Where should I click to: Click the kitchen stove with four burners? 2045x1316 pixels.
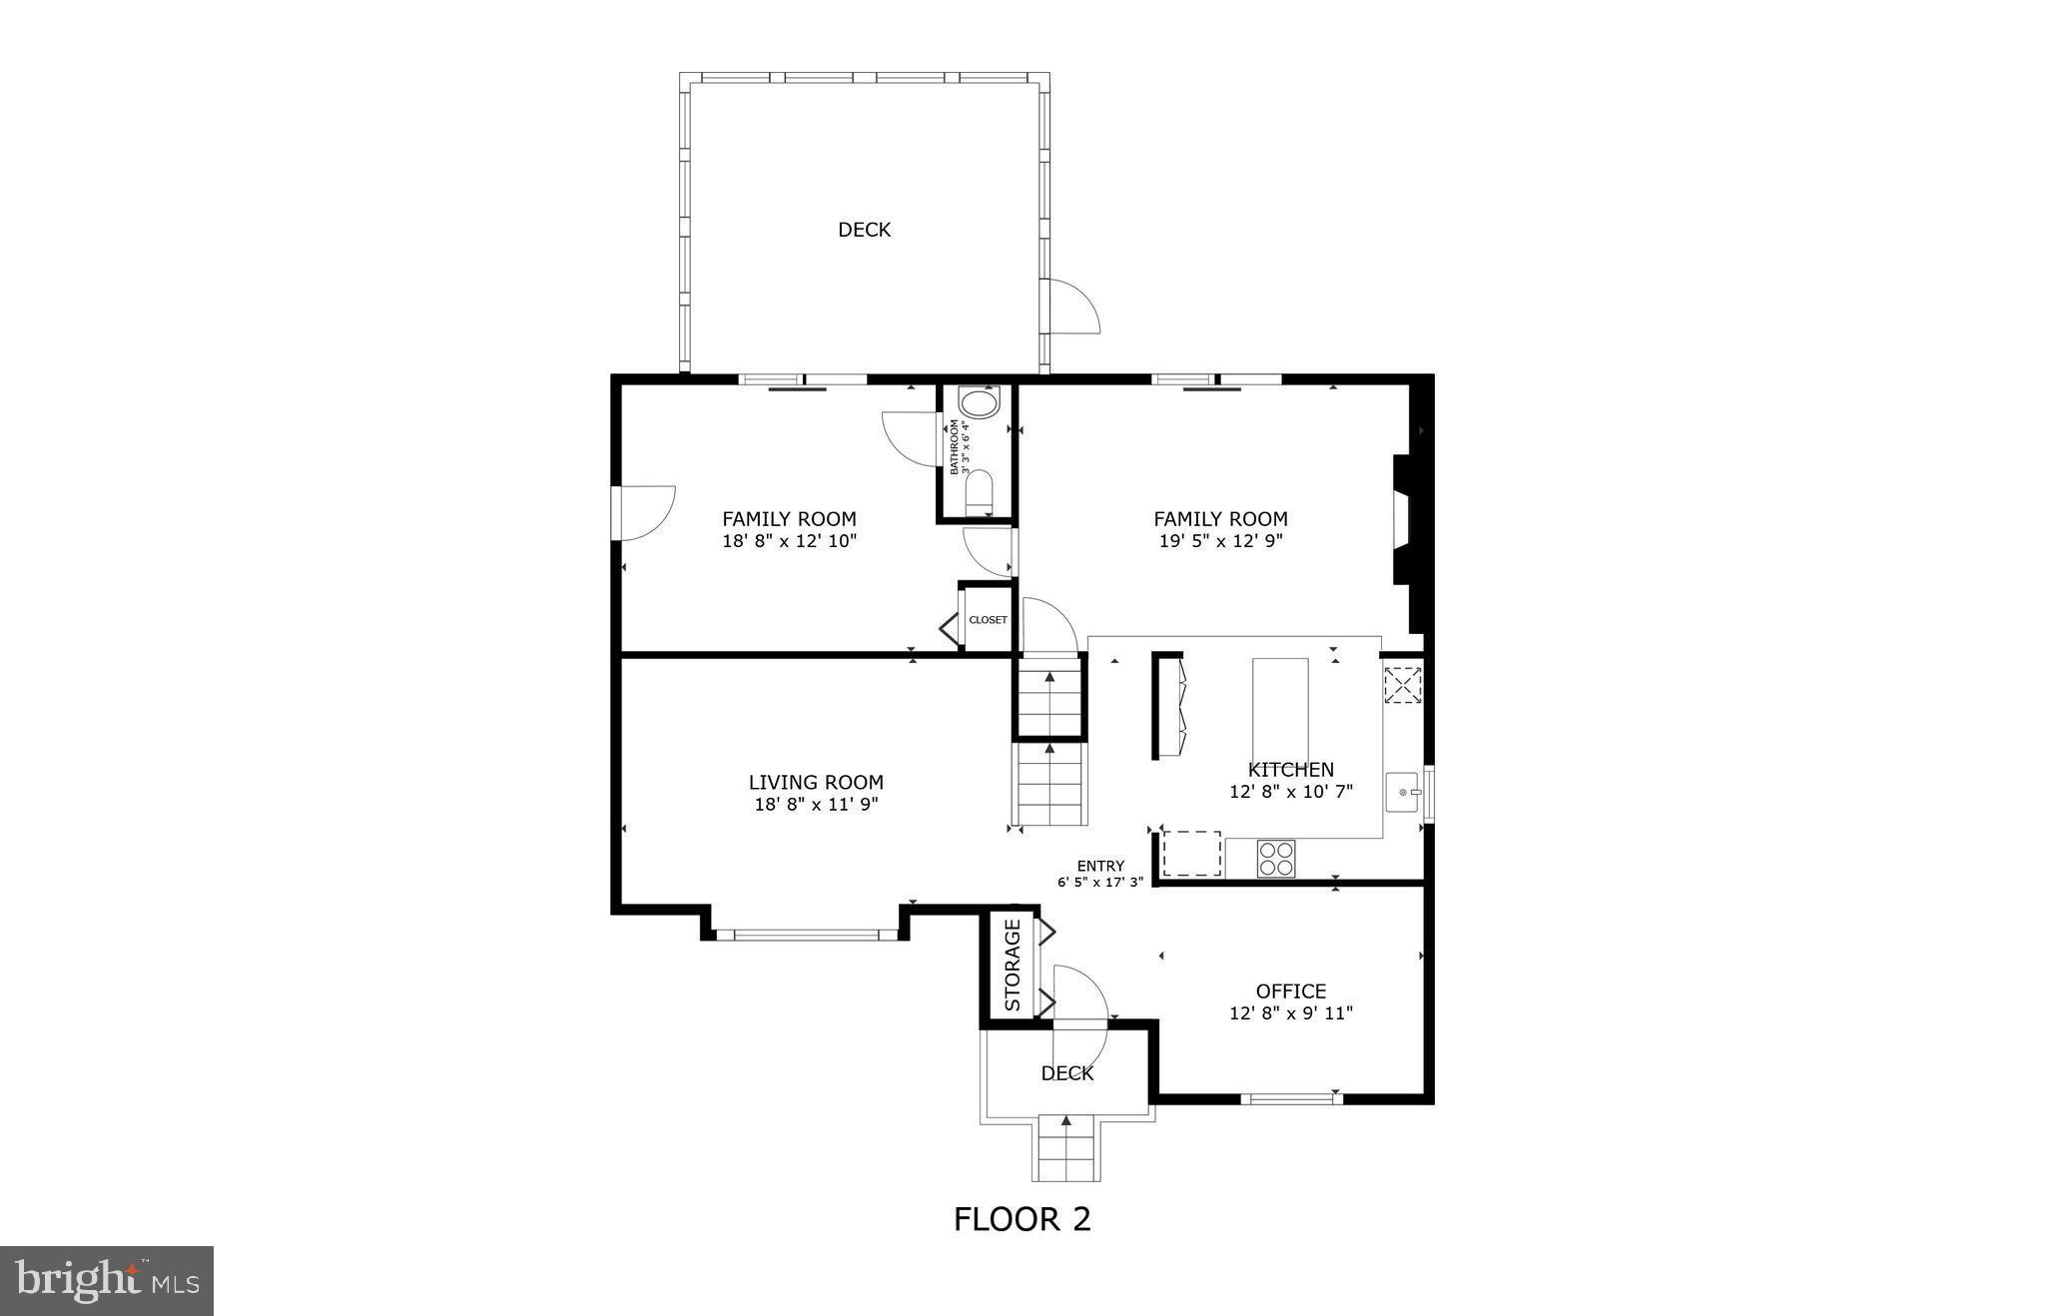(1276, 859)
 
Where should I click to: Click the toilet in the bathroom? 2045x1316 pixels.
(980, 492)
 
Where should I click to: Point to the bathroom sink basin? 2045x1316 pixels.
(978, 404)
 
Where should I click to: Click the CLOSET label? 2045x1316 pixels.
(988, 620)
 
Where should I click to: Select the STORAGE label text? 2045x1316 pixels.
(1013, 965)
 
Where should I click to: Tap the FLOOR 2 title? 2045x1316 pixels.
(1022, 1219)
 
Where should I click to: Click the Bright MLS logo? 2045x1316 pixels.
(107, 1280)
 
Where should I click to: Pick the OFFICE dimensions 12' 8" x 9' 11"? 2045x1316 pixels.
(1290, 1013)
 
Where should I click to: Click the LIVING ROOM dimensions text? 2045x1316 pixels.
(816, 805)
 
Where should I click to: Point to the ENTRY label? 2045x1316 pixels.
(1100, 866)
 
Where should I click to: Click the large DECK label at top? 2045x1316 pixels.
(864, 230)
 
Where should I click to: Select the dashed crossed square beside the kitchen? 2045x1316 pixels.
(1402, 685)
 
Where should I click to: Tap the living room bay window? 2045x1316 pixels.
(806, 936)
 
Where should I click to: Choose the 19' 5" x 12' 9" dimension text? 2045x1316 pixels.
(1220, 541)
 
